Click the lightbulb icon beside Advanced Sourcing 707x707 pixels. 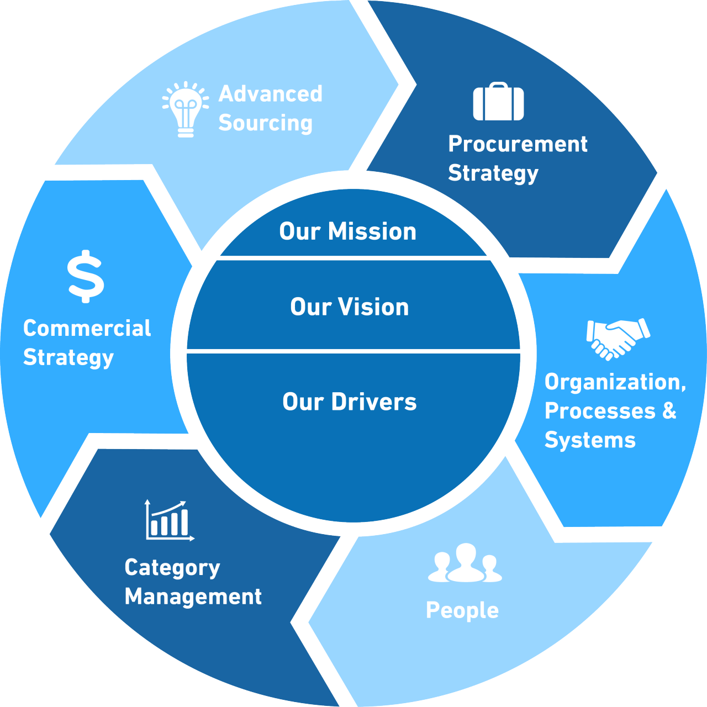coord(186,109)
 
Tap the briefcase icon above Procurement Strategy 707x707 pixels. coord(498,101)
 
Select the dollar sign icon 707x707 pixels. coord(86,276)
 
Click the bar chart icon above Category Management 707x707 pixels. coord(170,520)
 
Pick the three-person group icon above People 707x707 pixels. coord(465,562)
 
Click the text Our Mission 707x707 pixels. coord(348,231)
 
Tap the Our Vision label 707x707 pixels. coord(349,307)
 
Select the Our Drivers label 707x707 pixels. coord(350,402)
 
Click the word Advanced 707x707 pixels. coord(271,93)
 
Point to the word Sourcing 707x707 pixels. coord(265,123)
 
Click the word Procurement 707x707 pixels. coord(518,144)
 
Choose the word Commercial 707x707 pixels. coord(87,328)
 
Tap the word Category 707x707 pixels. coord(172,568)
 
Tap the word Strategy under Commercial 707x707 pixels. coord(68,358)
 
